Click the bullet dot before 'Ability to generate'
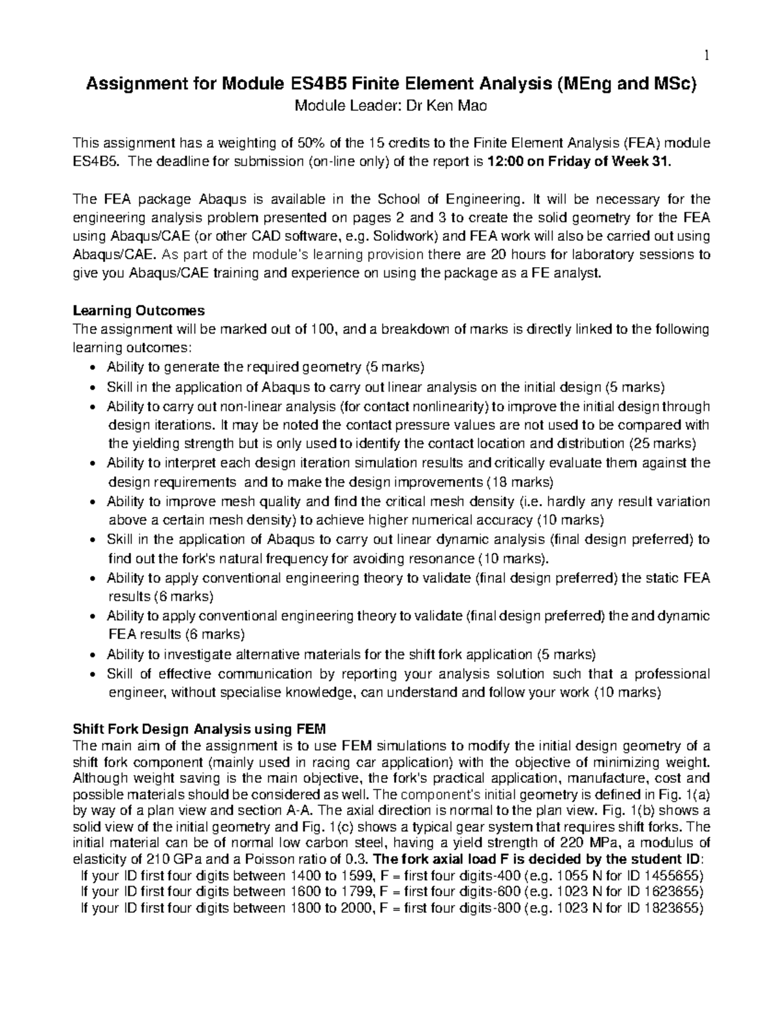[x=96, y=367]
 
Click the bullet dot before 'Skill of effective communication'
[x=96, y=674]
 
